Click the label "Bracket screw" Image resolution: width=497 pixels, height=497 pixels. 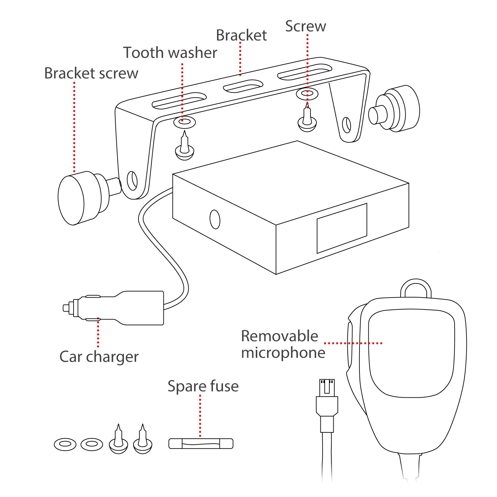point(91,74)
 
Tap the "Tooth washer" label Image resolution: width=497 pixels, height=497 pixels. point(170,53)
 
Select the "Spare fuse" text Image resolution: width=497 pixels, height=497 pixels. point(203,386)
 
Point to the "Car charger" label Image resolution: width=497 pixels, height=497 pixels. point(99,357)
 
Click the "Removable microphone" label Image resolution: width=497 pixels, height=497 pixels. point(282,344)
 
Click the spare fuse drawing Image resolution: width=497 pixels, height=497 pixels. point(201,444)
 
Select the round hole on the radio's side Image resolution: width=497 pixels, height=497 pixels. point(215,219)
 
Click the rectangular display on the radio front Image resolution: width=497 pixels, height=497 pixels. point(342,228)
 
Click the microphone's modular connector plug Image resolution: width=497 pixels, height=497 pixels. point(327,398)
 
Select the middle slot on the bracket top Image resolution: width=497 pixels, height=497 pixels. point(243,86)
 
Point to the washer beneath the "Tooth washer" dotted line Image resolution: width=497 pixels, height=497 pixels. point(185,122)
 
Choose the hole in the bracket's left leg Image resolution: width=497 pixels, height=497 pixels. point(132,181)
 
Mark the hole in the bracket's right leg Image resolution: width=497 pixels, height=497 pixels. point(346,125)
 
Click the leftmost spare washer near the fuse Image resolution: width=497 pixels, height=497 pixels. point(65,444)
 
